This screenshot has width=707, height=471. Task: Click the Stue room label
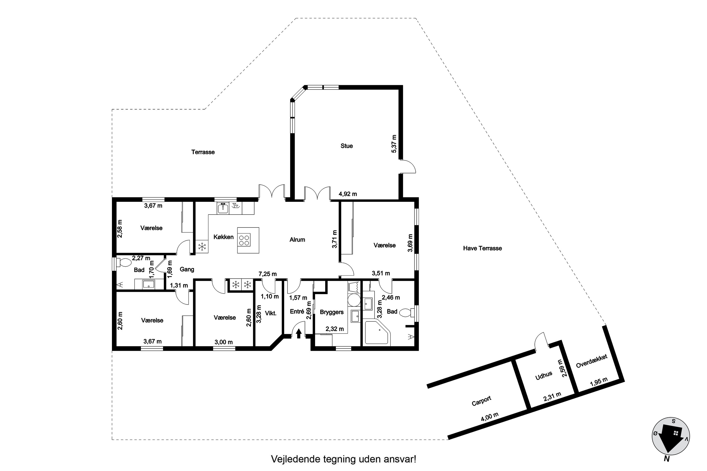click(347, 146)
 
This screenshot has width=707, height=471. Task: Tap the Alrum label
click(297, 240)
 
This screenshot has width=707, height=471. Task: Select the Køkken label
click(223, 237)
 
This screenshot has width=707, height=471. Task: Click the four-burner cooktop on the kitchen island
click(244, 240)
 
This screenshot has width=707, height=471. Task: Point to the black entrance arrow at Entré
click(299, 333)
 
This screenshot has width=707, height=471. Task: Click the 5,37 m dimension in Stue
click(394, 144)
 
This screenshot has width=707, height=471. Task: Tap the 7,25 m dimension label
click(267, 274)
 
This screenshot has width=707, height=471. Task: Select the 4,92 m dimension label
click(348, 194)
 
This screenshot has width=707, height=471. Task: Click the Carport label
click(481, 401)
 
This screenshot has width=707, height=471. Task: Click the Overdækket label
click(592, 361)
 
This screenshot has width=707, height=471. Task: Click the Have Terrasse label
click(482, 248)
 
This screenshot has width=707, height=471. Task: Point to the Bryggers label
click(332, 312)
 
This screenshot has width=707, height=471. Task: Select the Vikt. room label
click(271, 313)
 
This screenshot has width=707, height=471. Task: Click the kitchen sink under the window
click(223, 208)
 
